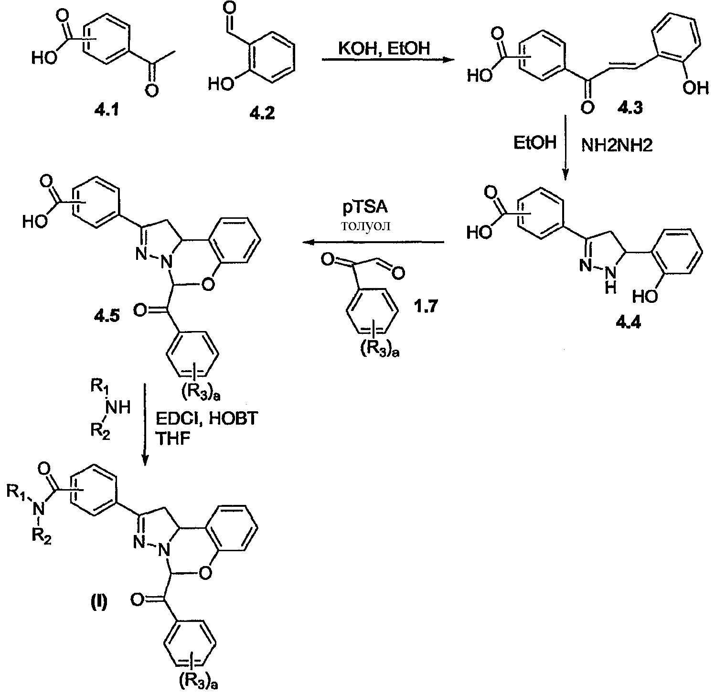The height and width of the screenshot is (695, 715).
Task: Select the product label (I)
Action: click(x=99, y=601)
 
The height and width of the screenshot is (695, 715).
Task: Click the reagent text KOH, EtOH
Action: click(x=385, y=48)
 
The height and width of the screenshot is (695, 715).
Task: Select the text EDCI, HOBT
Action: click(x=207, y=419)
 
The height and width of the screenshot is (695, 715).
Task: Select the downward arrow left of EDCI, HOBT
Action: click(x=145, y=424)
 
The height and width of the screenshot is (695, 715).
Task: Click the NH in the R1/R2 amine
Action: click(x=119, y=407)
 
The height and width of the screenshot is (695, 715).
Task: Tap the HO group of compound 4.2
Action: click(x=219, y=85)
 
